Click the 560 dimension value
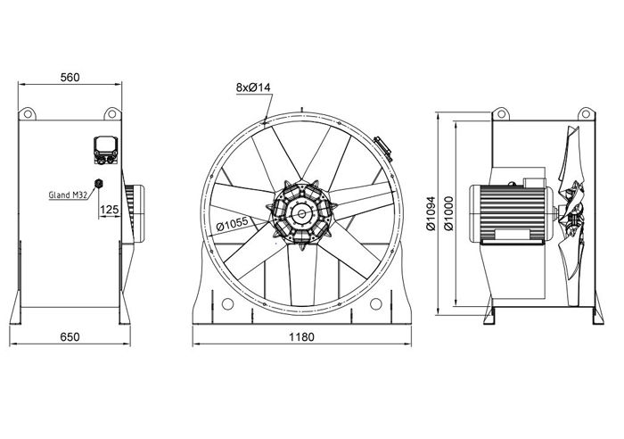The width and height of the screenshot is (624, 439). [x=70, y=78]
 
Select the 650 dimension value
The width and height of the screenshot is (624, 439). [x=70, y=337]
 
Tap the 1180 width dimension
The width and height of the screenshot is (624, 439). [x=301, y=337]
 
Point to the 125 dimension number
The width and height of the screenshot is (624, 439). [x=110, y=210]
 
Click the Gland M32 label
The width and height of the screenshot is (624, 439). [x=68, y=195]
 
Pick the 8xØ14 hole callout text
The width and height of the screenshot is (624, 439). [x=253, y=87]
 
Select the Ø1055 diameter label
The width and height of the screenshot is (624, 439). [x=232, y=225]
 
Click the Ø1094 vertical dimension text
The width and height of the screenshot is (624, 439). [x=431, y=213]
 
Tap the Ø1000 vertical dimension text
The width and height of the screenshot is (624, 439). [x=448, y=213]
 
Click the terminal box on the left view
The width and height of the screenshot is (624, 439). [x=106, y=150]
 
